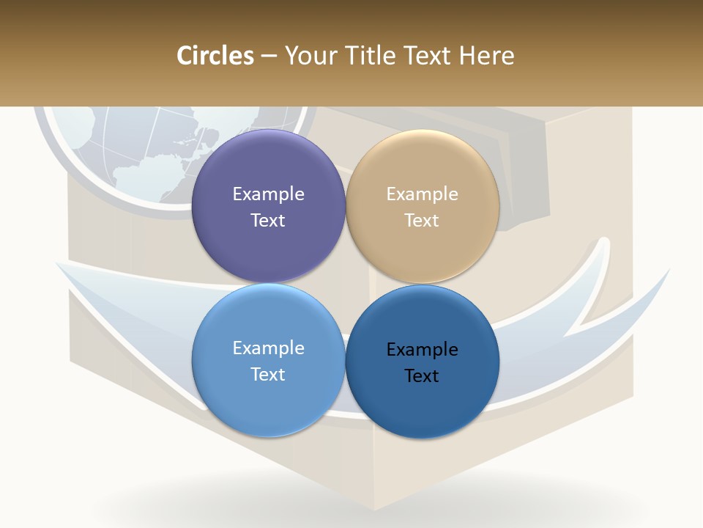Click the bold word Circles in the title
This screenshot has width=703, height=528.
point(215,56)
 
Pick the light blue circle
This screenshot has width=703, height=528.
point(268,396)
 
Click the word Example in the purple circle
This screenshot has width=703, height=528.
point(268,194)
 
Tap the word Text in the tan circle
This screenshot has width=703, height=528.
point(422,220)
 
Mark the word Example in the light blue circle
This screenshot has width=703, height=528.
point(268,348)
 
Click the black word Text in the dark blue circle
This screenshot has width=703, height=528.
point(422,375)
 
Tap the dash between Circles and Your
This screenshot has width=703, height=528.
point(269,56)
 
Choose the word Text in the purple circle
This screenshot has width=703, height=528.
point(268,220)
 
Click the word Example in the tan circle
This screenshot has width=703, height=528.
point(422,194)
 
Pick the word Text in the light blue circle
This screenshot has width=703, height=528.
point(268,374)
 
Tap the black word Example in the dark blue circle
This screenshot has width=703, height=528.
point(422,349)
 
